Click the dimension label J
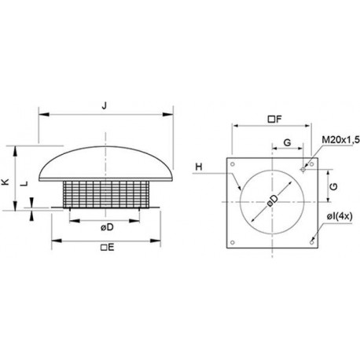point(105,105)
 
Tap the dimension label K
point(6,182)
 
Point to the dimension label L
point(24,183)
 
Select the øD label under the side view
point(107,227)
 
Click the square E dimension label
point(108,247)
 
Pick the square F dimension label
point(274,119)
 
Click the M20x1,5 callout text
point(340,140)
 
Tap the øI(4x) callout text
point(340,216)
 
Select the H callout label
point(199,167)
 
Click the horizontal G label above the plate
point(288,142)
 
